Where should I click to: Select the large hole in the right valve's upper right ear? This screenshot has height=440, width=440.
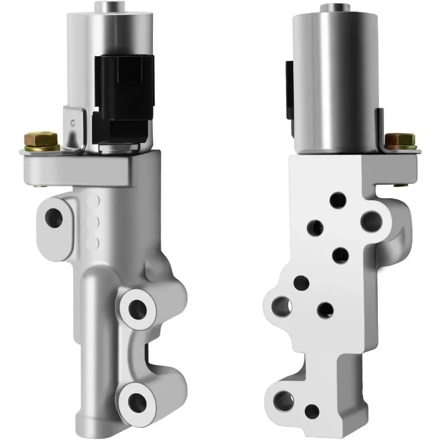tap(371, 221)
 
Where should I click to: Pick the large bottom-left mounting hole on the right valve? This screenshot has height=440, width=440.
tap(283, 399)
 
